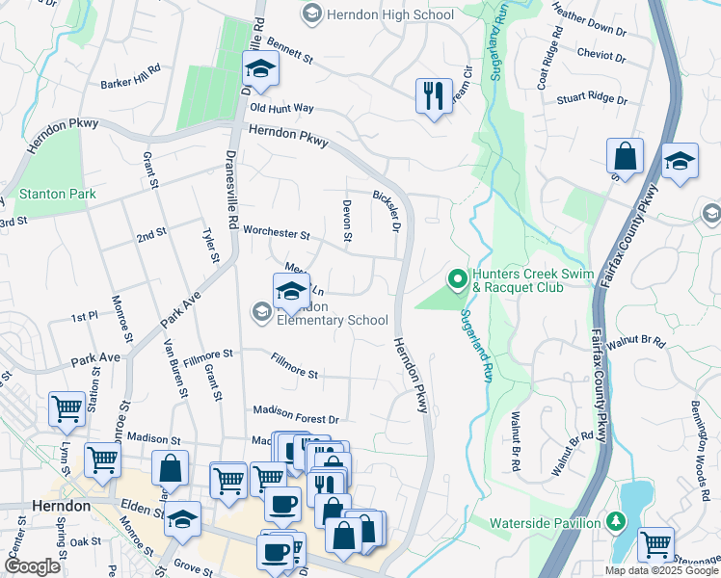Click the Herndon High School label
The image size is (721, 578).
[390, 14]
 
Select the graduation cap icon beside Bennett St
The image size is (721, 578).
[259, 69]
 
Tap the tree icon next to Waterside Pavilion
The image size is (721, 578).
[617, 521]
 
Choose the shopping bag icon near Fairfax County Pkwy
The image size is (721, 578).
[625, 157]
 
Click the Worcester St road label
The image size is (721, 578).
[276, 233]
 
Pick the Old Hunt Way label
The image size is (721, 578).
[281, 110]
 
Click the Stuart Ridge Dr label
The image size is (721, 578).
[593, 99]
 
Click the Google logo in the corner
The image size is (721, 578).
[32, 566]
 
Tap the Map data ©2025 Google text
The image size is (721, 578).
[661, 570]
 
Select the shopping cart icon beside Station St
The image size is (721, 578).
[67, 407]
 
